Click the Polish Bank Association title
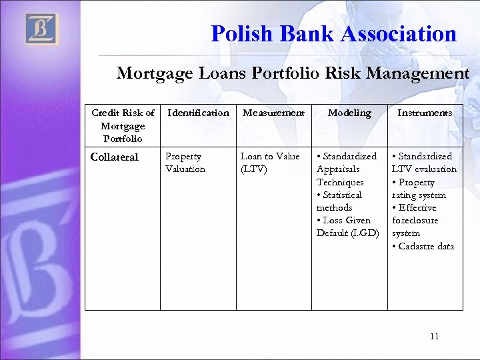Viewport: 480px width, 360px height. pyautogui.click(x=333, y=33)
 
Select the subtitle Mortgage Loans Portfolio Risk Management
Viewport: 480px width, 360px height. pyautogui.click(x=293, y=73)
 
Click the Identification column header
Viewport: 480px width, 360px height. pyautogui.click(x=198, y=113)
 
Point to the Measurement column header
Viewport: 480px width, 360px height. pyautogui.click(x=273, y=113)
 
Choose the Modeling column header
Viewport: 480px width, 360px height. pyautogui.click(x=349, y=113)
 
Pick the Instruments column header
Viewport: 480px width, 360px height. pyautogui.click(x=425, y=113)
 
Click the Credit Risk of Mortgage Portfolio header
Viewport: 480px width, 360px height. pyautogui.click(x=123, y=125)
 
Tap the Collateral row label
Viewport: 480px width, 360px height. pyautogui.click(x=114, y=157)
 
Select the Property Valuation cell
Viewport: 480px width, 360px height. pyautogui.click(x=185, y=163)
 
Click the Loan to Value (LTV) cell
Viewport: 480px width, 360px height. pyautogui.click(x=270, y=163)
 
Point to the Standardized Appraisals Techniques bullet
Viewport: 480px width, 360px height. pyautogui.click(x=347, y=169)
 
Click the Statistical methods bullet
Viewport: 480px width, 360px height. pyautogui.click(x=339, y=201)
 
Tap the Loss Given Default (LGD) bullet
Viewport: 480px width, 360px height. pyautogui.click(x=347, y=227)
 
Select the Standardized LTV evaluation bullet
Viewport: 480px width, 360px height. pyautogui.click(x=424, y=163)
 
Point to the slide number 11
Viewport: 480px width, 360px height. pyautogui.click(x=434, y=337)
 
